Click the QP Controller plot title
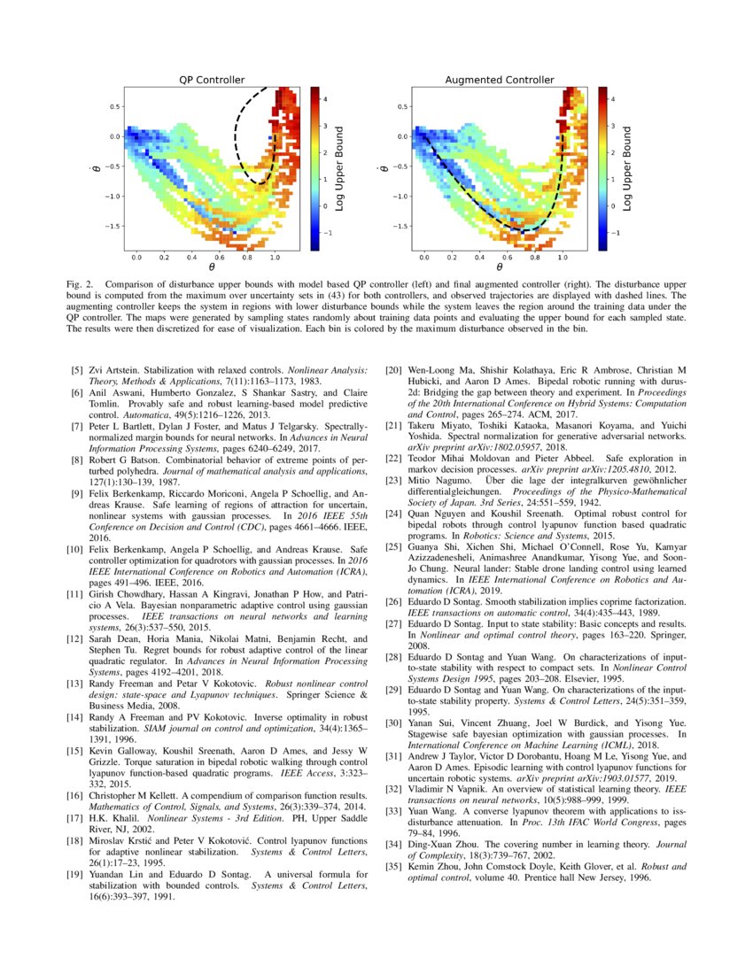point(212,80)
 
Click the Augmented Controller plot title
point(499,80)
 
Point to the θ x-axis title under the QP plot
point(212,267)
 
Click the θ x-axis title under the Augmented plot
point(499,267)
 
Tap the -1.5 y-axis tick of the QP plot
point(112,226)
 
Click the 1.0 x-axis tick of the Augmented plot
point(562,256)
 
